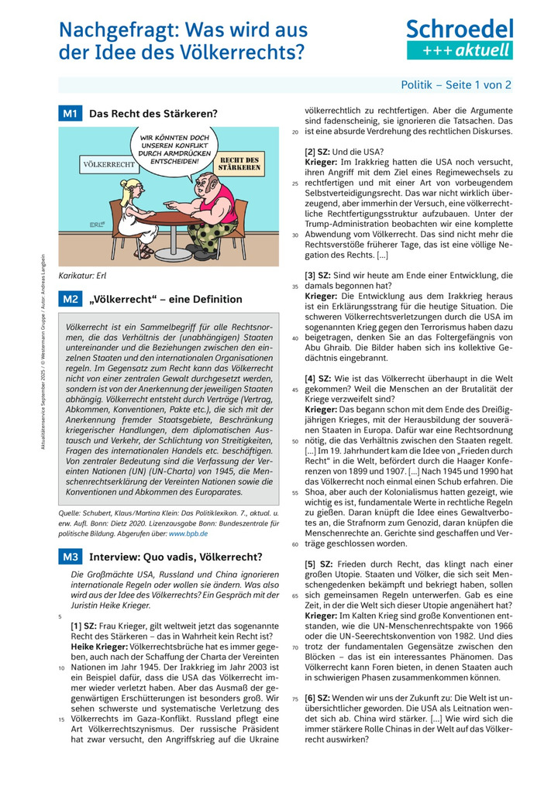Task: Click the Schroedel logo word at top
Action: [460, 29]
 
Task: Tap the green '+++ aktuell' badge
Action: [460, 50]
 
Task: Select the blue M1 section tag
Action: [70, 114]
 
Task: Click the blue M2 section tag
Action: [70, 299]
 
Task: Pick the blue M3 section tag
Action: [70, 557]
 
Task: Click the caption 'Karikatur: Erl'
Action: [84, 276]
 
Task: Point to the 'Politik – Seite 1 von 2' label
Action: [456, 85]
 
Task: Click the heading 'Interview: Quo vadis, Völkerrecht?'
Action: [175, 557]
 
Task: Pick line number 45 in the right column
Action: [294, 389]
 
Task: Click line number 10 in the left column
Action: [61, 667]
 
